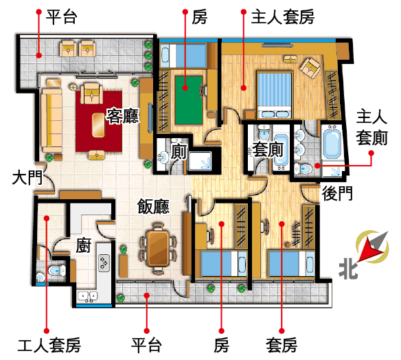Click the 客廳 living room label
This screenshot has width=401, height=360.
122,116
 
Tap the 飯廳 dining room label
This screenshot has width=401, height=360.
153,206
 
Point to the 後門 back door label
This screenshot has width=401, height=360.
337,194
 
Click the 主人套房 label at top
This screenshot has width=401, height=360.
283,17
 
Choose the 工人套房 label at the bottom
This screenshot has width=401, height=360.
49,345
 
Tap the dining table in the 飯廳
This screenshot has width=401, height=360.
159,248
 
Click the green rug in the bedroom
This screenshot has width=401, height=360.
188,100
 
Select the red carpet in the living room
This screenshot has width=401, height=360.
99,122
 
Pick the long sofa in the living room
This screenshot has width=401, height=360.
52,120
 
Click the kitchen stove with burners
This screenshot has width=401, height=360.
104,263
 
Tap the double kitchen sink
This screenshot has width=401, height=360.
87,297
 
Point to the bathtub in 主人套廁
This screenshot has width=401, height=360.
332,144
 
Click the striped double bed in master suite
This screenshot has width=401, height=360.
275,95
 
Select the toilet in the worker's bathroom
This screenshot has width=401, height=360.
57,271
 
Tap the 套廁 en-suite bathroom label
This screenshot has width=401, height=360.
268,150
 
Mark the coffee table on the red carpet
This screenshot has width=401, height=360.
98,125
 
